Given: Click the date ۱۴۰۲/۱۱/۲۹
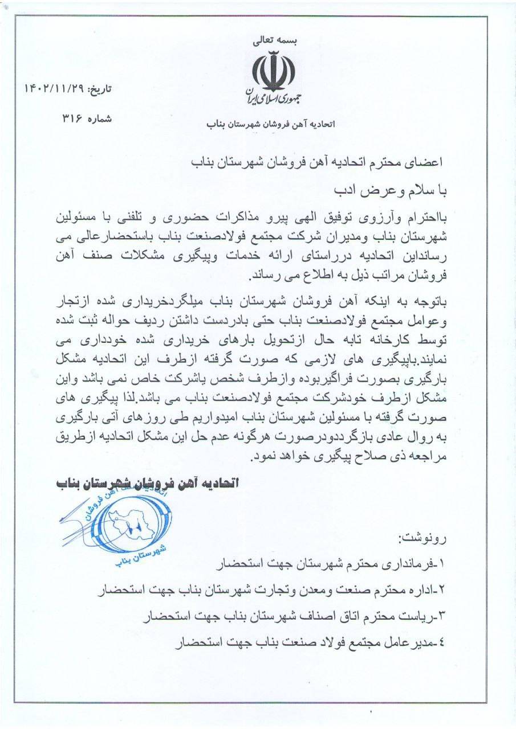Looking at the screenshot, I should [54, 89].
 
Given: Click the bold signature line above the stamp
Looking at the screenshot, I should [145, 484].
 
